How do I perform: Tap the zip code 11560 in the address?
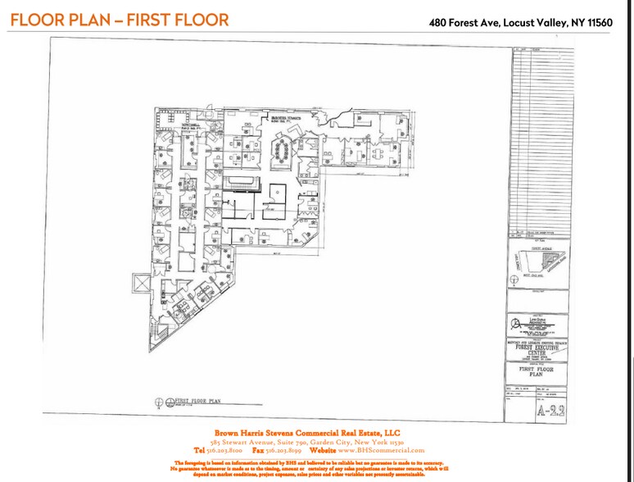point(607,22)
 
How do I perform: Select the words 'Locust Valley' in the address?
point(537,22)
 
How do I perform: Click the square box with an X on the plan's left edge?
point(141,284)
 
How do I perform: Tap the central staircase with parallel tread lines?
point(241,180)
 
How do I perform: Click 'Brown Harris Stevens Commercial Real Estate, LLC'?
point(307,432)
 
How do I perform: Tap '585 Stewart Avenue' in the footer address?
point(238,441)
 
